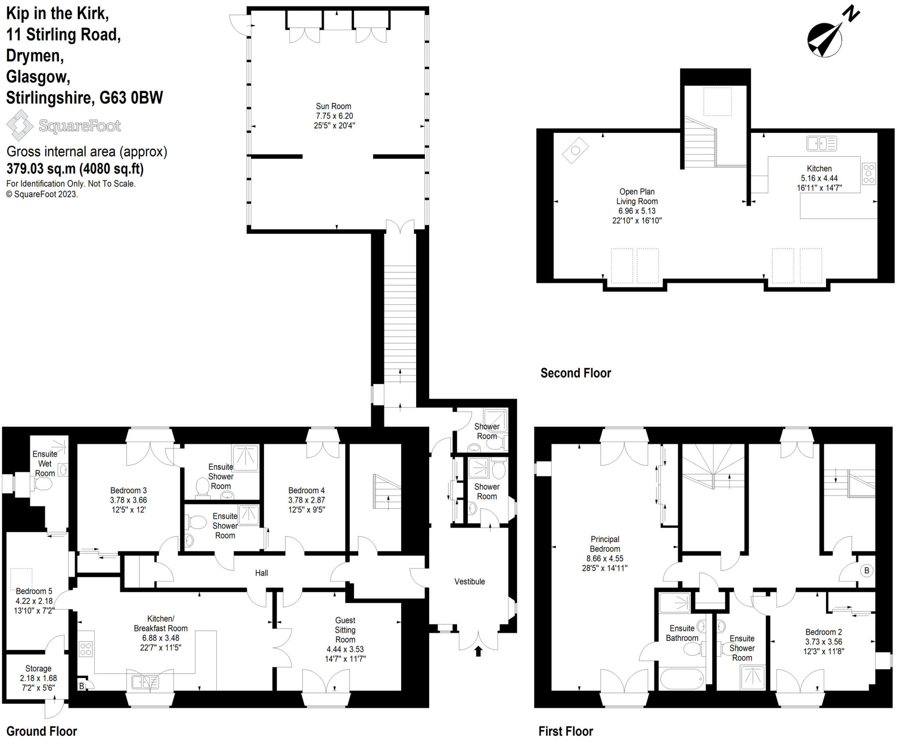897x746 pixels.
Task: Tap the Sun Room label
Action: [x=333, y=106]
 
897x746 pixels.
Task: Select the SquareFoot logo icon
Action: [x=20, y=125]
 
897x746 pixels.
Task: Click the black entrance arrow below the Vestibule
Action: [x=478, y=651]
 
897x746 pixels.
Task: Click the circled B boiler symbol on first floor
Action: [x=866, y=570]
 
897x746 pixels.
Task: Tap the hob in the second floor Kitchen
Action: [x=869, y=173]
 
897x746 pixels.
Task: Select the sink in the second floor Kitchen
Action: [x=821, y=143]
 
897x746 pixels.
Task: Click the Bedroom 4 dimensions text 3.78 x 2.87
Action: [x=307, y=500]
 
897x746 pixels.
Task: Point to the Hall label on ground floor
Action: [x=261, y=573]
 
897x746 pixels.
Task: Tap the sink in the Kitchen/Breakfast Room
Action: [x=145, y=682]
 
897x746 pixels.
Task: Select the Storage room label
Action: [x=38, y=668]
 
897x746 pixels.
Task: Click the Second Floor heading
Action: [x=576, y=373]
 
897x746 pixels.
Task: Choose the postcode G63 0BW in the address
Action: [x=131, y=98]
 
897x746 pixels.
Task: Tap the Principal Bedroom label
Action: [x=604, y=544]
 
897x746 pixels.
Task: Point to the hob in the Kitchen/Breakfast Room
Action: [x=86, y=649]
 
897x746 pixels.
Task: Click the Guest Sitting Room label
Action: [x=345, y=630]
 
